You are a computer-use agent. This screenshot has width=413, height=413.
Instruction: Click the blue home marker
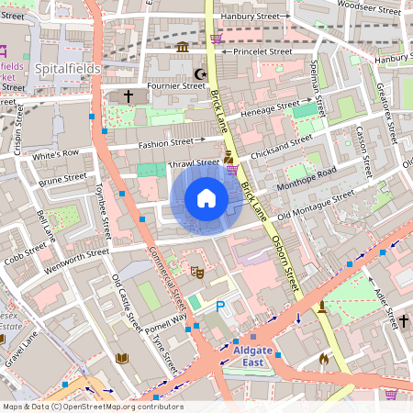tap(206, 198)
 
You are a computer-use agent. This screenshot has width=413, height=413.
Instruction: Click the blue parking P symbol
tap(219, 307)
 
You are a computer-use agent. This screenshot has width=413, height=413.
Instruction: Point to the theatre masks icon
tap(195, 272)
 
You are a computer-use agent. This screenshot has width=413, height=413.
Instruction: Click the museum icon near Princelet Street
tap(183, 47)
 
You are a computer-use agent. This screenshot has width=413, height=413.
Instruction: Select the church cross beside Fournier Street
tap(128, 95)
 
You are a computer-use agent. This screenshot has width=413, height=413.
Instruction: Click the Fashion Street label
tap(165, 143)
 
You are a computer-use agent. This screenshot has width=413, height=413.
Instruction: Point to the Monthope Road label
tap(308, 178)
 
